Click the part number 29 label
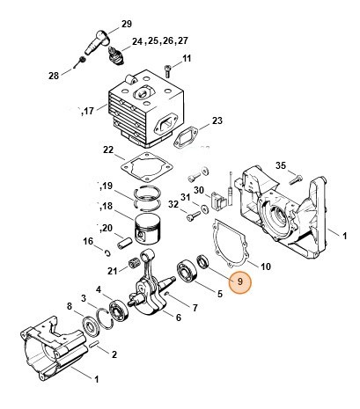(x=125, y=23)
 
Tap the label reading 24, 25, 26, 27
(x=159, y=41)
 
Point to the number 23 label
(x=217, y=121)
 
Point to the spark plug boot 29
(x=99, y=38)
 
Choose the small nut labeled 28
(x=80, y=59)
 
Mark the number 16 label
(x=88, y=241)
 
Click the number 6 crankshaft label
(x=179, y=317)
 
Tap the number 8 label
(x=70, y=305)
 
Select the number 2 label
(x=114, y=353)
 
